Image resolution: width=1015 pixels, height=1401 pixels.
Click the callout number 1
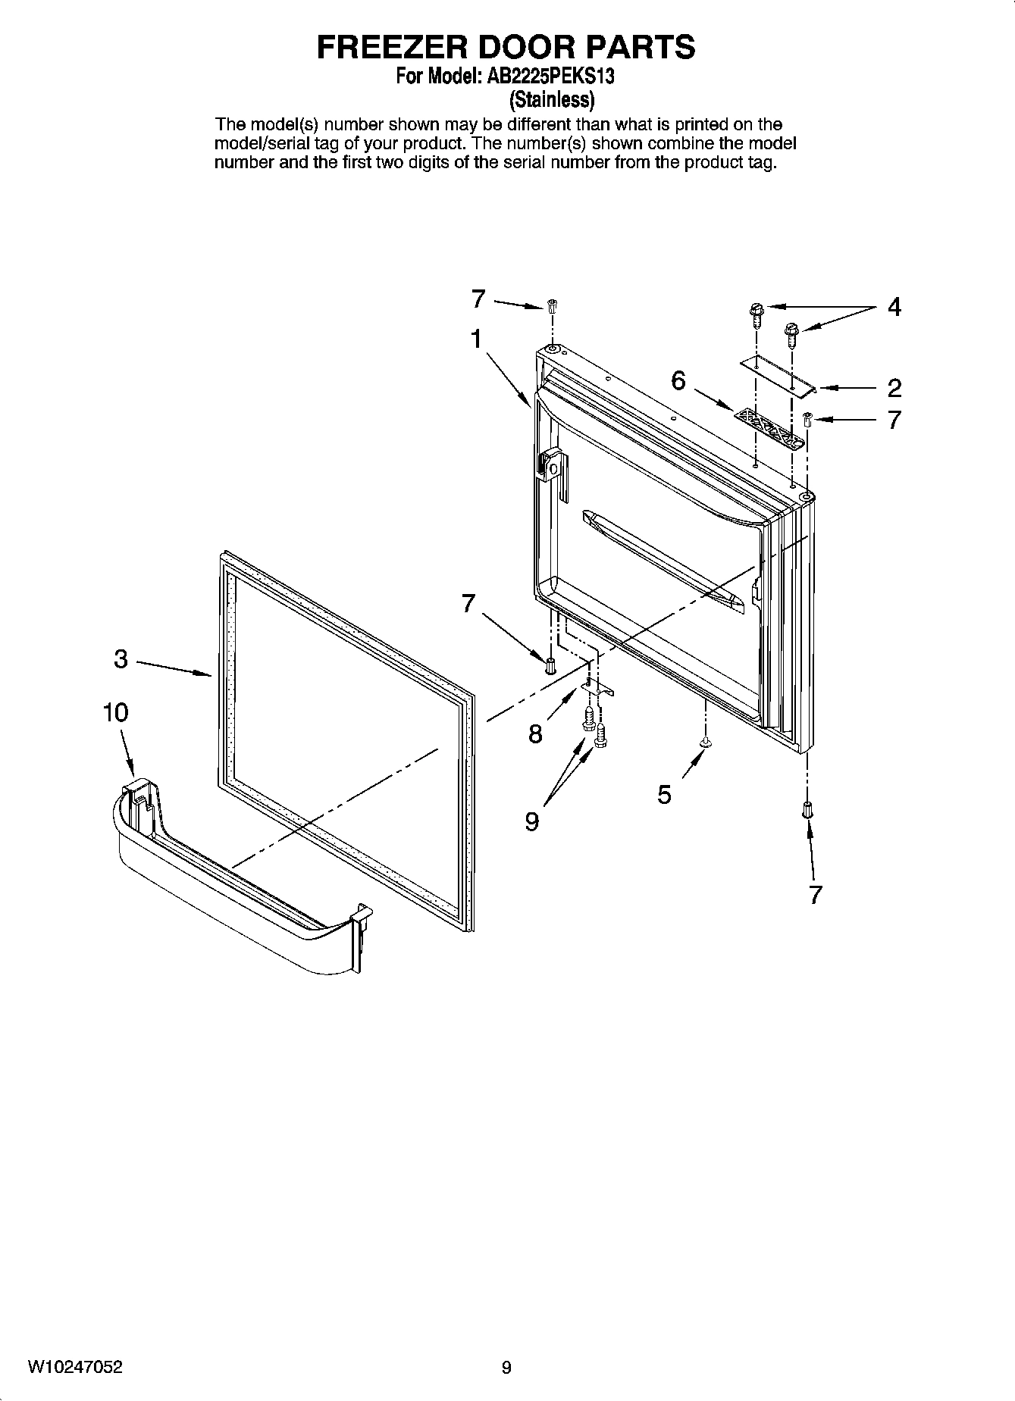475,339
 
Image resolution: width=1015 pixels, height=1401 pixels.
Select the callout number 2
894,389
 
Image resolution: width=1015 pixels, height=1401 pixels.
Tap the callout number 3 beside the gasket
121,659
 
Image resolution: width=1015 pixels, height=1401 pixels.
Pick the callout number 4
894,308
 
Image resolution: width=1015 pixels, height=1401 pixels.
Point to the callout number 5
664,795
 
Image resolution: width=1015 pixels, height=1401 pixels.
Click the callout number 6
678,380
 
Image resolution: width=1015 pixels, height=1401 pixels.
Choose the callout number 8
535,733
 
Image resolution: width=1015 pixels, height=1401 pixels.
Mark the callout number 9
532,821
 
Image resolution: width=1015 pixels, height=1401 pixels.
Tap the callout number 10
116,712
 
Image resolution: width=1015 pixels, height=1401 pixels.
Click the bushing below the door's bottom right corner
807,810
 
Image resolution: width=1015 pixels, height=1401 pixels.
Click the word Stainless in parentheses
551,99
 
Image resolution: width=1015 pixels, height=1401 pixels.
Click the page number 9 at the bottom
506,1368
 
